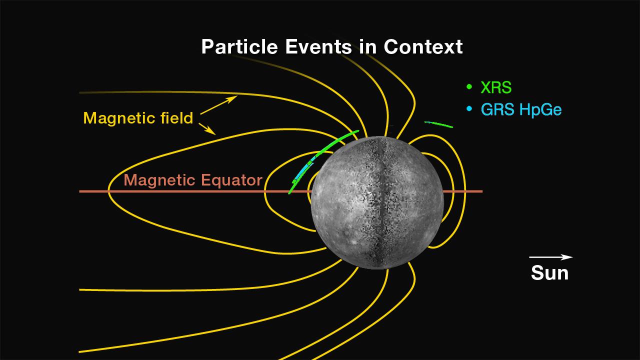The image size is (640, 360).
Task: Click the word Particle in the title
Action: [239, 47]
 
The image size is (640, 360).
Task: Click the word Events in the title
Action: [318, 46]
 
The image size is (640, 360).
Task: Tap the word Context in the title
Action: [423, 46]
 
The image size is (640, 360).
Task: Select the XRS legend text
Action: [496, 87]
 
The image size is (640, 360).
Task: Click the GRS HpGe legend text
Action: [521, 109]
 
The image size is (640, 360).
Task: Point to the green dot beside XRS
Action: [469, 86]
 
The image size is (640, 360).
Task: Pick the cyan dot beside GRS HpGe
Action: [469, 108]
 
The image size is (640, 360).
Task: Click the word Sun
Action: [549, 273]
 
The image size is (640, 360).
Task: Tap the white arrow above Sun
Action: [551, 257]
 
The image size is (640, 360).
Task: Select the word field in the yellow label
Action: [177, 117]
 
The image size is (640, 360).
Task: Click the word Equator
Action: [231, 180]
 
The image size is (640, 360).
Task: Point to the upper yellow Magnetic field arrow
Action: [218, 105]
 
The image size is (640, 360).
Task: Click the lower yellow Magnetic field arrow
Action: [207, 129]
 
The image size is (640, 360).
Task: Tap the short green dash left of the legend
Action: [438, 124]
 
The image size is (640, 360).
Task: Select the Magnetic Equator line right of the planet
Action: [463, 191]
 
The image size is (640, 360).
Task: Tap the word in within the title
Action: [367, 47]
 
